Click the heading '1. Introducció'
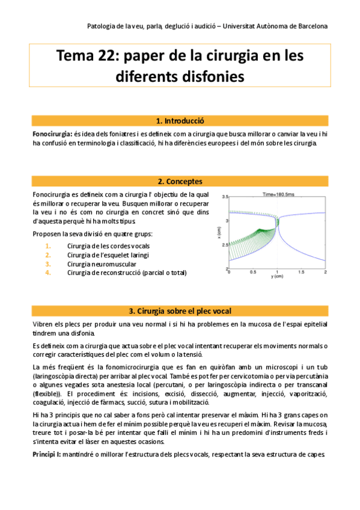[180, 120]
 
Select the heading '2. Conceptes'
[180, 181]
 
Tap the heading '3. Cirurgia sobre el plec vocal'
[180, 311]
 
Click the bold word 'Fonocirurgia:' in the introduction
[52, 133]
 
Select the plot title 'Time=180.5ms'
[277, 194]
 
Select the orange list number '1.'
[48, 246]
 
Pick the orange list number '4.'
[48, 272]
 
